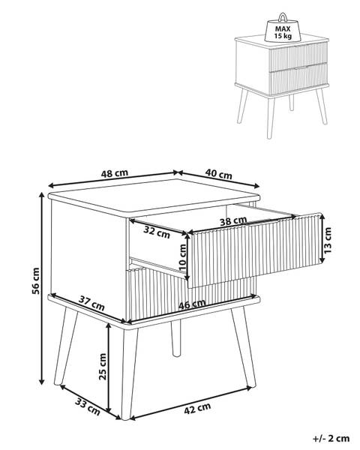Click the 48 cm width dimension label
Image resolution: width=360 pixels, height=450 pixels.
114,173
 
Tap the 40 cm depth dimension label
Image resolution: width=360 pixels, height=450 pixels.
218,174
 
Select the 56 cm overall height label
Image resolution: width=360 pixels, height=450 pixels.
36,280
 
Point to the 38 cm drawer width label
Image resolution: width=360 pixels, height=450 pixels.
233,221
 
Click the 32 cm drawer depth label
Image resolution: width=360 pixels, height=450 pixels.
157,232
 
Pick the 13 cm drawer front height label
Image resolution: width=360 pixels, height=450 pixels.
328,240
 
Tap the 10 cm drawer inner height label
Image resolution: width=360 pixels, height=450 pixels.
182,257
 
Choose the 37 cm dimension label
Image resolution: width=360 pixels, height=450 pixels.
91,304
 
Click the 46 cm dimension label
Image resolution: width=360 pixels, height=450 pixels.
192,304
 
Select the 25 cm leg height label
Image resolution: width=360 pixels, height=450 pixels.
103,367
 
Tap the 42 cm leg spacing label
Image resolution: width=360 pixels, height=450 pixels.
197,409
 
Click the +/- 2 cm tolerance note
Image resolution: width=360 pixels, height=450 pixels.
331,439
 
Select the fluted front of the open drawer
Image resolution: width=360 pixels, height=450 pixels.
254,250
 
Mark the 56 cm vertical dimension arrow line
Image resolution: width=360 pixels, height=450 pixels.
42,289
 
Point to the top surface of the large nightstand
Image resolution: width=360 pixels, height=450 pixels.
154,196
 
